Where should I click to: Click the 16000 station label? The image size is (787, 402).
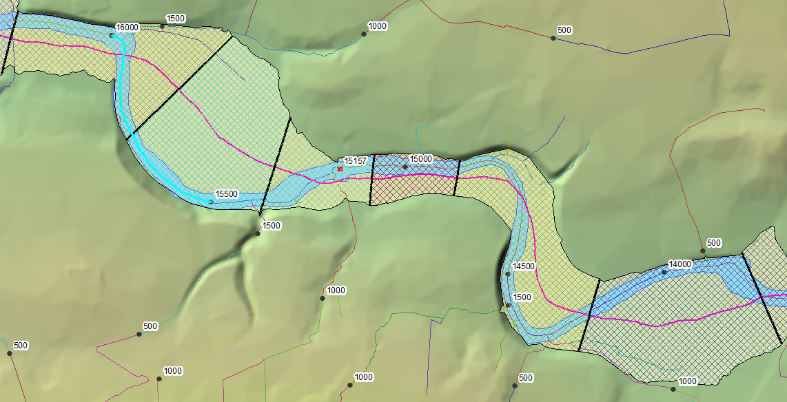127,27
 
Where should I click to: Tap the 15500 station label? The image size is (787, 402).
227,194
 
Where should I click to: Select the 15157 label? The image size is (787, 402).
356,160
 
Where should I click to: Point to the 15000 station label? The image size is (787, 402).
420,158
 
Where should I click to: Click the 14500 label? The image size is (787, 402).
524,266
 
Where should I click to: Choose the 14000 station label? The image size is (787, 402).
680,264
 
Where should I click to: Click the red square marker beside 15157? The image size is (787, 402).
340,168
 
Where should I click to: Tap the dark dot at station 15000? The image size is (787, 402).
405,167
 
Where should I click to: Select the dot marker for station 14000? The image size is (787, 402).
664,272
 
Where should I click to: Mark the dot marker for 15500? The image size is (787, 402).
211,202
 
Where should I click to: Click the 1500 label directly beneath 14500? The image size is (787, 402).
522,297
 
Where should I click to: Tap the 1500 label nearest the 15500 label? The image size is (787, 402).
272,225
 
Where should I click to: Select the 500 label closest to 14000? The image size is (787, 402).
714,242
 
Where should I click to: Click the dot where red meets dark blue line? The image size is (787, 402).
553,38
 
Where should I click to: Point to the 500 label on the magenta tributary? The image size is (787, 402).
150,326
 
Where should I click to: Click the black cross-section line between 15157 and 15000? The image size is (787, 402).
371,180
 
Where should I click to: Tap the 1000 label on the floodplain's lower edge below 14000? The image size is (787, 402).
687,381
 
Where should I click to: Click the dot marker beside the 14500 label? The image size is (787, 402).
508,274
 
